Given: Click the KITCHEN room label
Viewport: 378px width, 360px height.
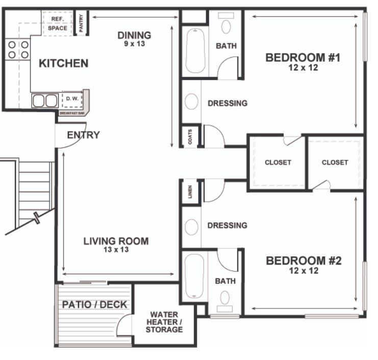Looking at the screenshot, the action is point(64,63).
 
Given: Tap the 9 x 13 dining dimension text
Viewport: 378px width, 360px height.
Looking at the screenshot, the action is point(135,44).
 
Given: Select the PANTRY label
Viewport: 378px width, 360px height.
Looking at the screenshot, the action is point(81,22).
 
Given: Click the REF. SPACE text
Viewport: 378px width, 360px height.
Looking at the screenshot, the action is point(58,23).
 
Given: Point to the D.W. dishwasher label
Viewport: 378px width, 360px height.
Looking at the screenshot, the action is point(72,99).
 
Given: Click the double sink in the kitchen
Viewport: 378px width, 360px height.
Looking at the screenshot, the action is point(45,101).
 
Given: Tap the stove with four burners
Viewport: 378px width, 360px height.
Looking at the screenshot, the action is point(18,50).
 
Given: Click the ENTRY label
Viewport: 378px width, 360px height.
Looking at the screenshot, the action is point(84,135).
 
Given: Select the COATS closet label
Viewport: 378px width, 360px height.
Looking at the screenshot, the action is point(190,137).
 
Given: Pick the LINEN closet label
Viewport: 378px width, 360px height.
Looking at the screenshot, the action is point(190,192).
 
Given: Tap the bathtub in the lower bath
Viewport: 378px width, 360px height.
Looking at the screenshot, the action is point(194,276).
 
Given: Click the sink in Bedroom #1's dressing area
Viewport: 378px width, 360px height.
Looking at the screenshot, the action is point(191,101).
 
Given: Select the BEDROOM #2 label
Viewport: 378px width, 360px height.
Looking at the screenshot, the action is point(304,260).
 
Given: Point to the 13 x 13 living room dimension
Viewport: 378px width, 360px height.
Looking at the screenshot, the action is point(116,250).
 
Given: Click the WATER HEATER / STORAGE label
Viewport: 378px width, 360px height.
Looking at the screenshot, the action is point(164,322).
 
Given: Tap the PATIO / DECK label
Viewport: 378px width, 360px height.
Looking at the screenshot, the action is point(94,304).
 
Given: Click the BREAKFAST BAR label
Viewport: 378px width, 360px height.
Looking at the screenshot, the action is point(72,113).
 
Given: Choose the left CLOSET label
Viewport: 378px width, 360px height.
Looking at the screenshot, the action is point(278,162).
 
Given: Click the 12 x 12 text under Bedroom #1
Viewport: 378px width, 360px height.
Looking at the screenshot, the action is point(304,67).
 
